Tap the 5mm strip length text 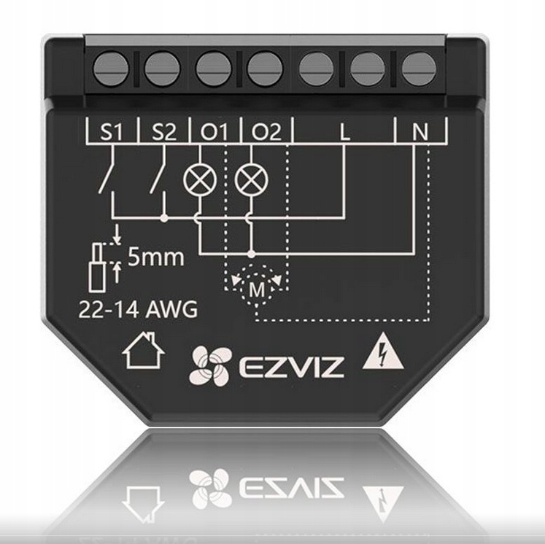point(155,257)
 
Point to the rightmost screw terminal point(416,68)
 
